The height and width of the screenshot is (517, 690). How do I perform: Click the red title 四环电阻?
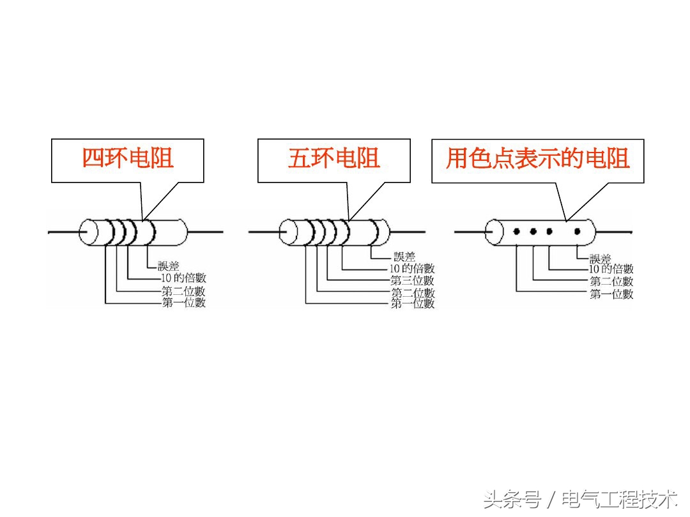coord(128,158)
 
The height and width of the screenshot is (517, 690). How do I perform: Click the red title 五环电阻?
coord(333,158)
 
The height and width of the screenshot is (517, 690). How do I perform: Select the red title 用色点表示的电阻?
coord(538,158)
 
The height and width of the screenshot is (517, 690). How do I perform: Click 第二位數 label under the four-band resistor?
coord(183,292)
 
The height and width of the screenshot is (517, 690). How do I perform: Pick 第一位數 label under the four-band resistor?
coord(183,303)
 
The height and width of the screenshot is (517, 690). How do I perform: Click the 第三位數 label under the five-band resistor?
coord(412,280)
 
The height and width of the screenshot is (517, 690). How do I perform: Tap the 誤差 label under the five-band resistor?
coord(404,257)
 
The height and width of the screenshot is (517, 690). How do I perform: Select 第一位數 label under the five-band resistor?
coord(412,304)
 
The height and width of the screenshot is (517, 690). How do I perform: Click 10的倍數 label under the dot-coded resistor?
coord(611,269)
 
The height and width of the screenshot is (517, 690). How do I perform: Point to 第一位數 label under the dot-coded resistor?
coord(611,294)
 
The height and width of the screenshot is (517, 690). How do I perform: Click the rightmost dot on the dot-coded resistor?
coord(578,231)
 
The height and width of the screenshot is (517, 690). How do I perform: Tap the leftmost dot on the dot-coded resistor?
coord(516,231)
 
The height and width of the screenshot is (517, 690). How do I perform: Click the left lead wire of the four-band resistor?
coord(64,232)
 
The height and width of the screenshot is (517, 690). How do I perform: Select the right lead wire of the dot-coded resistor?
coord(613,232)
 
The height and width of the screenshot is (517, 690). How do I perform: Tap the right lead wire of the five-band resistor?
coord(409,232)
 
